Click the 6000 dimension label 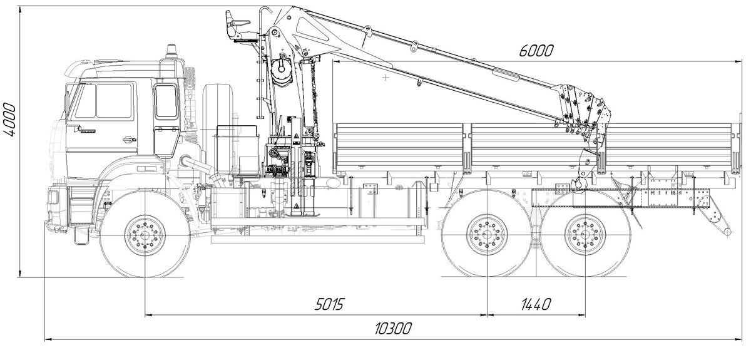(536, 51)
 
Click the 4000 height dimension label (9, 120)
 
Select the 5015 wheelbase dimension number (329, 305)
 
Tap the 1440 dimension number (536, 305)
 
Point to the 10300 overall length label (392, 329)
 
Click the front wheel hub (145, 235)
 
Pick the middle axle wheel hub (487, 235)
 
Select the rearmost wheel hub (585, 235)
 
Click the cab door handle (129, 140)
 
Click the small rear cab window (166, 101)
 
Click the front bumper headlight (53, 198)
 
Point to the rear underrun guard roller (725, 232)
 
